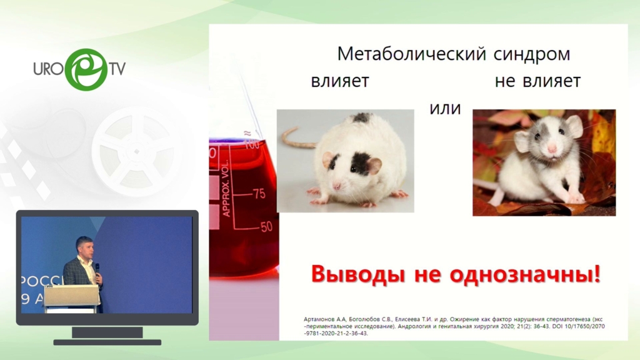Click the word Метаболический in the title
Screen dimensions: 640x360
pyautogui.click(x=411, y=54)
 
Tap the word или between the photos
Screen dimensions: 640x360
pyautogui.click(x=445, y=109)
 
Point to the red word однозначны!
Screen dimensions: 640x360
pyautogui.click(x=525, y=274)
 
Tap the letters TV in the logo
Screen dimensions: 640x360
pyautogui.click(x=117, y=69)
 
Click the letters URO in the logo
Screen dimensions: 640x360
pyautogui.click(x=49, y=69)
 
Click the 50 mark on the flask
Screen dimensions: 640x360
pyautogui.click(x=266, y=226)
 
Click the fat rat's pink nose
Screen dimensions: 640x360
pyautogui.click(x=337, y=186)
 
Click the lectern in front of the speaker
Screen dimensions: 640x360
pyautogui.click(x=72, y=297)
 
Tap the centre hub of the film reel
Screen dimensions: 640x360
pyautogui.click(x=136, y=152)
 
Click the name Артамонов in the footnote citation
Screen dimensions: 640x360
pyautogui.click(x=320, y=319)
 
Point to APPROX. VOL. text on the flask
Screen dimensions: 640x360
pyautogui.click(x=226, y=188)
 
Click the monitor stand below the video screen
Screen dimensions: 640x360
pyautogui.click(x=107, y=336)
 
